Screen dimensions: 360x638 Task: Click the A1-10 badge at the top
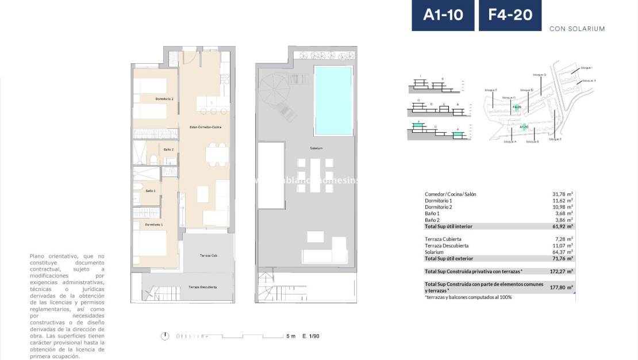point(443,15)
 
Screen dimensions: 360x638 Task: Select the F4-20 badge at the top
point(510,15)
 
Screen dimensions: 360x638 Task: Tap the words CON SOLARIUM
point(576,29)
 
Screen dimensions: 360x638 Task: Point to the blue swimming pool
point(333,100)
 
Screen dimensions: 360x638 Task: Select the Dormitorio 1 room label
point(153,224)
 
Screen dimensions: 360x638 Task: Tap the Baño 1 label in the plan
point(150,190)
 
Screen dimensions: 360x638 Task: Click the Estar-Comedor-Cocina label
point(205,127)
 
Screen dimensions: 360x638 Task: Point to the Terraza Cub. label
point(208,255)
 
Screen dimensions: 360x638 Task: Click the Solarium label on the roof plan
point(316,148)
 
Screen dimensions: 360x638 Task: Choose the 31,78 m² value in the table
point(562,194)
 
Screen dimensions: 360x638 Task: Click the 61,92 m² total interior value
point(562,227)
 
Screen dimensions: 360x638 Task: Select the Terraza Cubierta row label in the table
point(443,239)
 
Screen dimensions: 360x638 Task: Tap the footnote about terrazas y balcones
point(468,297)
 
